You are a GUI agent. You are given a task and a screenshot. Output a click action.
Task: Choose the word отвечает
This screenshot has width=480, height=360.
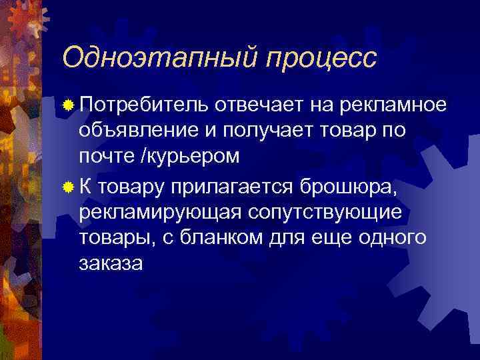(x=262, y=104)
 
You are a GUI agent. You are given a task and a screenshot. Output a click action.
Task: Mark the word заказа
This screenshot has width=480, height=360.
(x=110, y=263)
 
